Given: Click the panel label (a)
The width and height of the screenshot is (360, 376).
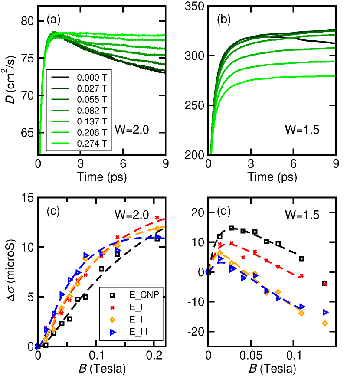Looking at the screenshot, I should coord(53,20).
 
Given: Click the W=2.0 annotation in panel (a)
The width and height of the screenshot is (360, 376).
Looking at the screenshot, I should coord(131,128).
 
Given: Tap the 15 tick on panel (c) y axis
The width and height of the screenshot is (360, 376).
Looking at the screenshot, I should coord(27,197).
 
